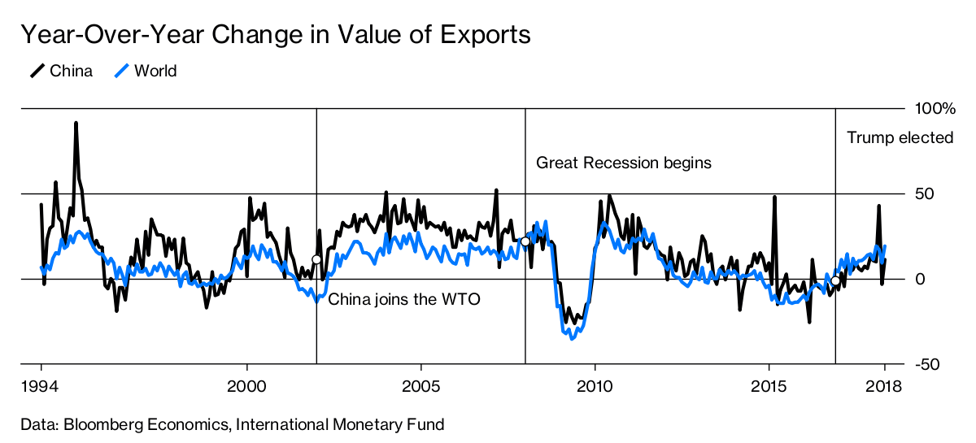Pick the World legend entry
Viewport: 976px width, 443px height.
click(x=145, y=72)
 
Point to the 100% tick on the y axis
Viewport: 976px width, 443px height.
click(x=935, y=109)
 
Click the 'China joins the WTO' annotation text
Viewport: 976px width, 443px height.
click(x=404, y=299)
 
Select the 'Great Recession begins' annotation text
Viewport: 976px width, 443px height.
click(x=624, y=163)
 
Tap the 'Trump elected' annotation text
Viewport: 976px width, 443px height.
click(x=900, y=138)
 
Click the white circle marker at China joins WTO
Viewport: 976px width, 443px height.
click(x=316, y=260)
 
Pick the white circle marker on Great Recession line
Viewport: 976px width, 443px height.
click(x=525, y=241)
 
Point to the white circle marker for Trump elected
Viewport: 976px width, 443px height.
click(x=835, y=280)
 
